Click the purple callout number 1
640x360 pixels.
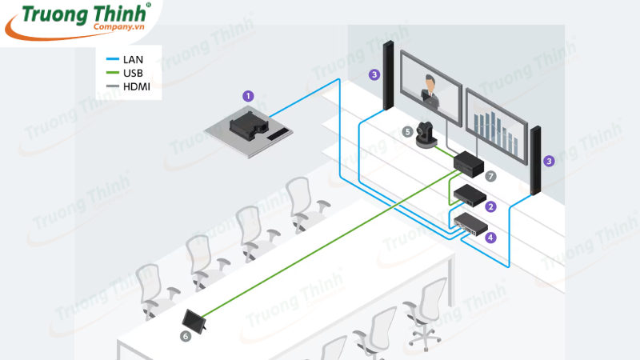[x=248, y=96]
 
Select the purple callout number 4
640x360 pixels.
[x=491, y=238]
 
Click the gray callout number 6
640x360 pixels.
[x=186, y=338]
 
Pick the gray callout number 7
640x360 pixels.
[x=491, y=175]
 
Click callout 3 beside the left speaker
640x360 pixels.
[x=374, y=75]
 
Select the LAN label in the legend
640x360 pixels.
[x=133, y=60]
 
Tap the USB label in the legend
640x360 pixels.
[x=133, y=73]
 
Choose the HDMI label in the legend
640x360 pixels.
[x=137, y=86]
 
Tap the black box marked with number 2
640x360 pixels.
[x=469, y=194]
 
